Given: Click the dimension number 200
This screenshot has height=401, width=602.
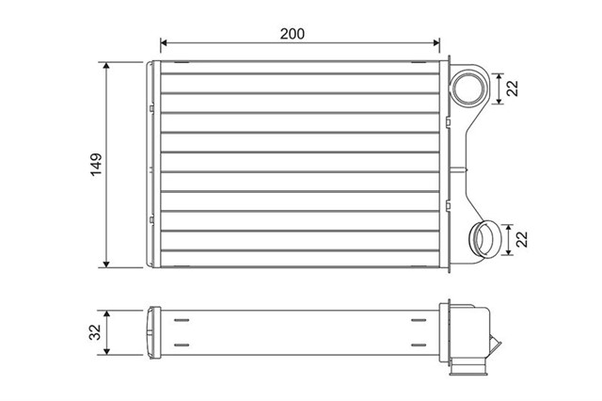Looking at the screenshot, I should click(x=293, y=33).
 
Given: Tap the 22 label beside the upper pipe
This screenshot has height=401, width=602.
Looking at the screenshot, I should click(x=513, y=88).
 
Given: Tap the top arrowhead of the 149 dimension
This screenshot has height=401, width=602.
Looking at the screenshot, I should click(x=107, y=67).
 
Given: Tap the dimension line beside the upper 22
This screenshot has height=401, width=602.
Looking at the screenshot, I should click(x=498, y=88).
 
